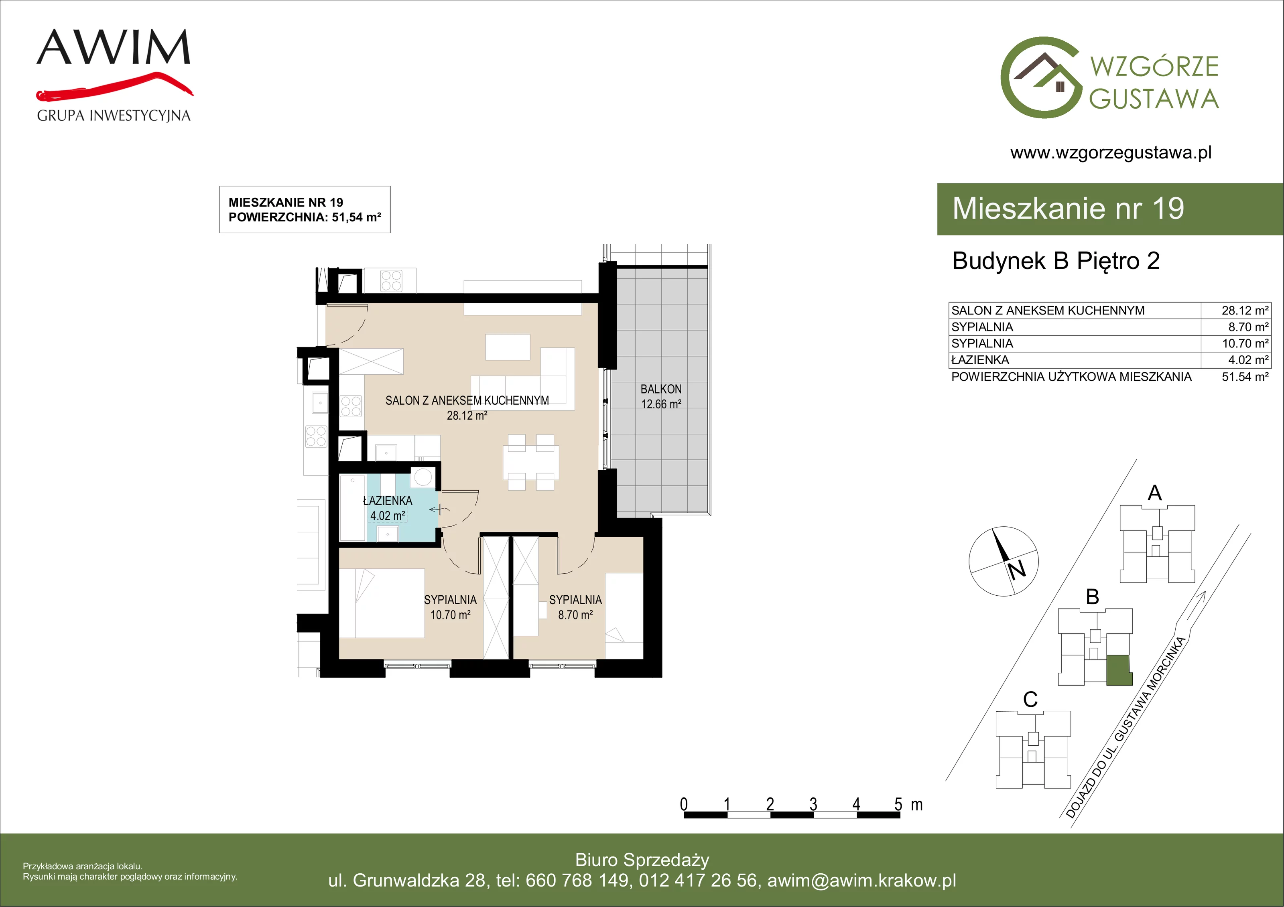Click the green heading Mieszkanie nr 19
point(1068,208)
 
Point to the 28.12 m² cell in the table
point(1245,310)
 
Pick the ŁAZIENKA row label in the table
point(980,360)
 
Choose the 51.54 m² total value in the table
point(1245,377)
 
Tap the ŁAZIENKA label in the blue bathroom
point(388,501)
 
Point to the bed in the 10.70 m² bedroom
point(382,603)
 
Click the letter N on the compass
point(1017,570)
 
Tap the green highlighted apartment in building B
point(1119,670)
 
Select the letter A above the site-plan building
point(1155,493)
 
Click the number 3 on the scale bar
point(813,804)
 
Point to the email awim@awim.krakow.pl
point(862,880)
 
